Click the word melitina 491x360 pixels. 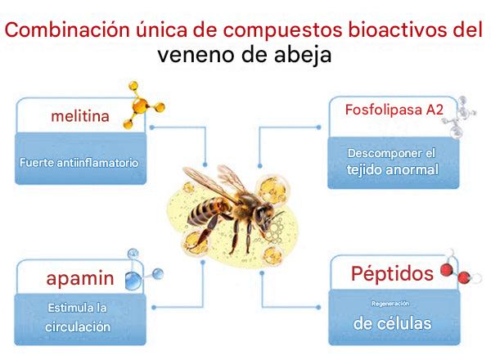(x=80, y=116)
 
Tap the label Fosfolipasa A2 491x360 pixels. (x=394, y=110)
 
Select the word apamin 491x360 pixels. (x=80, y=278)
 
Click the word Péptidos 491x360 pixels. (x=392, y=273)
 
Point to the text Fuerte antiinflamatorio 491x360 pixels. (x=79, y=163)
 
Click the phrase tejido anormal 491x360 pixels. (x=392, y=169)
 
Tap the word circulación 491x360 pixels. (x=78, y=326)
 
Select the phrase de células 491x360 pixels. (x=392, y=323)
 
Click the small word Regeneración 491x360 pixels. (x=390, y=304)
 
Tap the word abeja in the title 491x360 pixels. (x=303, y=55)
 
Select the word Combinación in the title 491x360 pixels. (x=67, y=29)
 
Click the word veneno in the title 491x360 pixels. (x=196, y=55)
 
